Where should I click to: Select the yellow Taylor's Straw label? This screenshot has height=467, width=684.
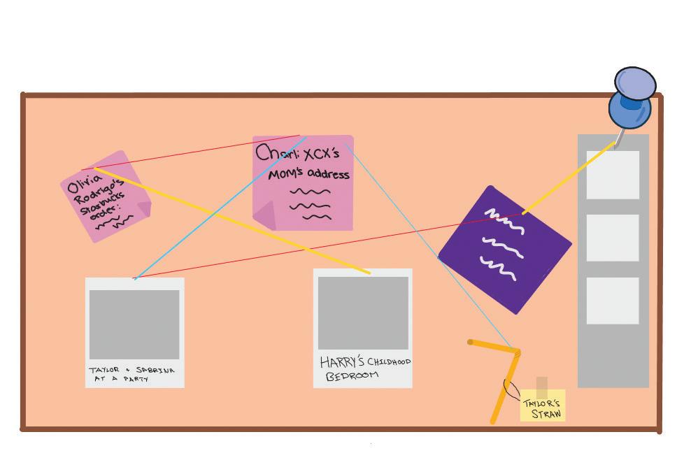[542, 408]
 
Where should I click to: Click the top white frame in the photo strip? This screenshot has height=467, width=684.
[613, 175]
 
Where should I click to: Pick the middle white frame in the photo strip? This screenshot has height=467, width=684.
[613, 238]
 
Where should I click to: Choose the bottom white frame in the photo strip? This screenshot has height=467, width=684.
[613, 301]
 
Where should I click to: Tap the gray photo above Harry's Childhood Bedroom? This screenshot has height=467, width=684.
[363, 312]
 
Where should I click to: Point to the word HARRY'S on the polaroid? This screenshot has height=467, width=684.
[342, 362]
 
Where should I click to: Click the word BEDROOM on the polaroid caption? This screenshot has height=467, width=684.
[352, 375]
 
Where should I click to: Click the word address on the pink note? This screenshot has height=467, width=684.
[327, 174]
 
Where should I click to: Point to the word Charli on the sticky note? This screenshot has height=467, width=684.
[278, 152]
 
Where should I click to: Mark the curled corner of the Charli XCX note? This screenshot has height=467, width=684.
[264, 218]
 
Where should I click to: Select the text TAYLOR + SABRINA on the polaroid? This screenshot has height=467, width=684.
[131, 370]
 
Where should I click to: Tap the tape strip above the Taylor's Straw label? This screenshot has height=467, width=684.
[542, 387]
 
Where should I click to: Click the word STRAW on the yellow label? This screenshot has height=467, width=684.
[546, 414]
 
